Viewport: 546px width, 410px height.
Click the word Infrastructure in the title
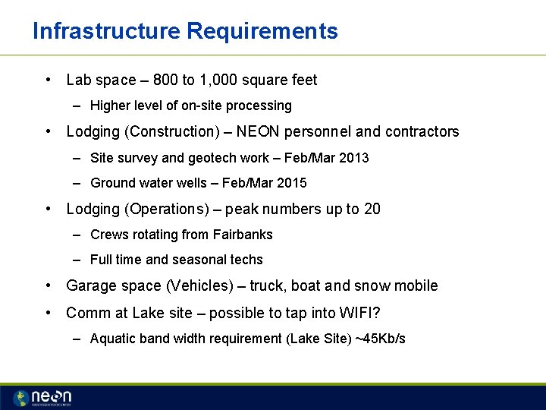[106, 31]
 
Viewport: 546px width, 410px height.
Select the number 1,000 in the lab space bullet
[225, 80]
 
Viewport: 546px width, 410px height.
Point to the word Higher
[111, 106]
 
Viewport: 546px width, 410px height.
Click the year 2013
[353, 158]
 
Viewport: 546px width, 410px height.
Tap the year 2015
[291, 183]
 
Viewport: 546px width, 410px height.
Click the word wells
[195, 183]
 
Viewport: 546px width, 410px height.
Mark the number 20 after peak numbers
[372, 209]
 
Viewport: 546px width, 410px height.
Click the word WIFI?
[359, 313]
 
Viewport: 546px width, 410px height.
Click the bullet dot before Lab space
[48, 80]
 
